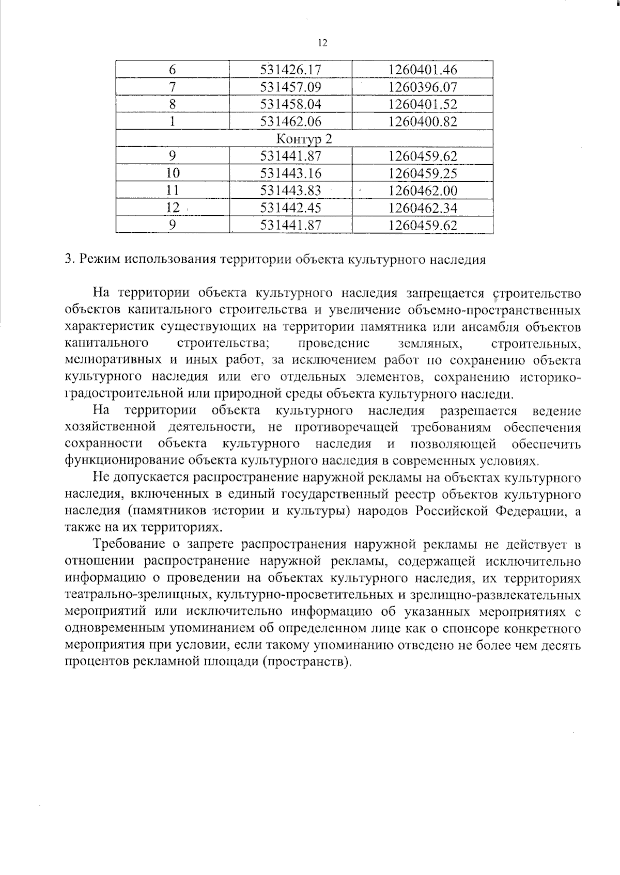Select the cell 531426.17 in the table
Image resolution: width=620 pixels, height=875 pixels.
pos(291,70)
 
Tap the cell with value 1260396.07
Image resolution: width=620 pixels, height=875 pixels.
pos(423,87)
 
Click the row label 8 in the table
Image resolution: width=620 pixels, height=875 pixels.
pos(173,104)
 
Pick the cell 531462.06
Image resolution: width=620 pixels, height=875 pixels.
pos(291,122)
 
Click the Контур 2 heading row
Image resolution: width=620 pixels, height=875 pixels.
pos(304,139)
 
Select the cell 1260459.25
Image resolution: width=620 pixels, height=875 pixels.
pos(423,173)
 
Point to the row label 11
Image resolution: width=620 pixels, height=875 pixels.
pos(173,190)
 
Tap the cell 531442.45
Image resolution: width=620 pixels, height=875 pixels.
pos(291,208)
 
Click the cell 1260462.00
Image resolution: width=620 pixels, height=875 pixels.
pos(423,190)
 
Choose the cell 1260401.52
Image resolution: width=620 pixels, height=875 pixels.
pos(423,104)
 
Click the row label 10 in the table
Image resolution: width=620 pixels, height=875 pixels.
pos(173,173)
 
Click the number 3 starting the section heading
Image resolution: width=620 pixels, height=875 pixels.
pos(68,260)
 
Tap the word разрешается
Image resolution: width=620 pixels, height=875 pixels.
pos(478,411)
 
